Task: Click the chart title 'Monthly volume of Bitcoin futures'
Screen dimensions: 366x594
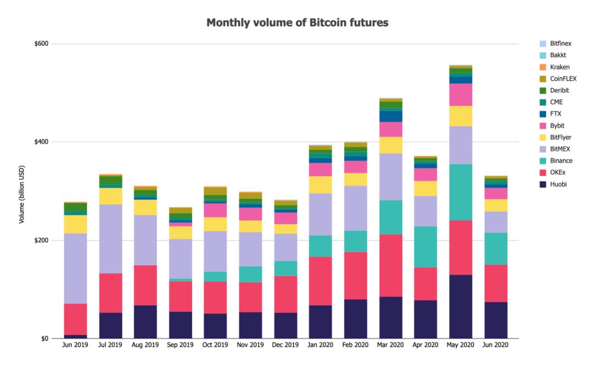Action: point(297,23)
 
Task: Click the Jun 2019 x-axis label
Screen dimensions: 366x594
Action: point(75,346)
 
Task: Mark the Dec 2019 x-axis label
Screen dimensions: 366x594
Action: point(285,346)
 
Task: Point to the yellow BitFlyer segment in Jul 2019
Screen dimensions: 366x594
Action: point(111,196)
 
